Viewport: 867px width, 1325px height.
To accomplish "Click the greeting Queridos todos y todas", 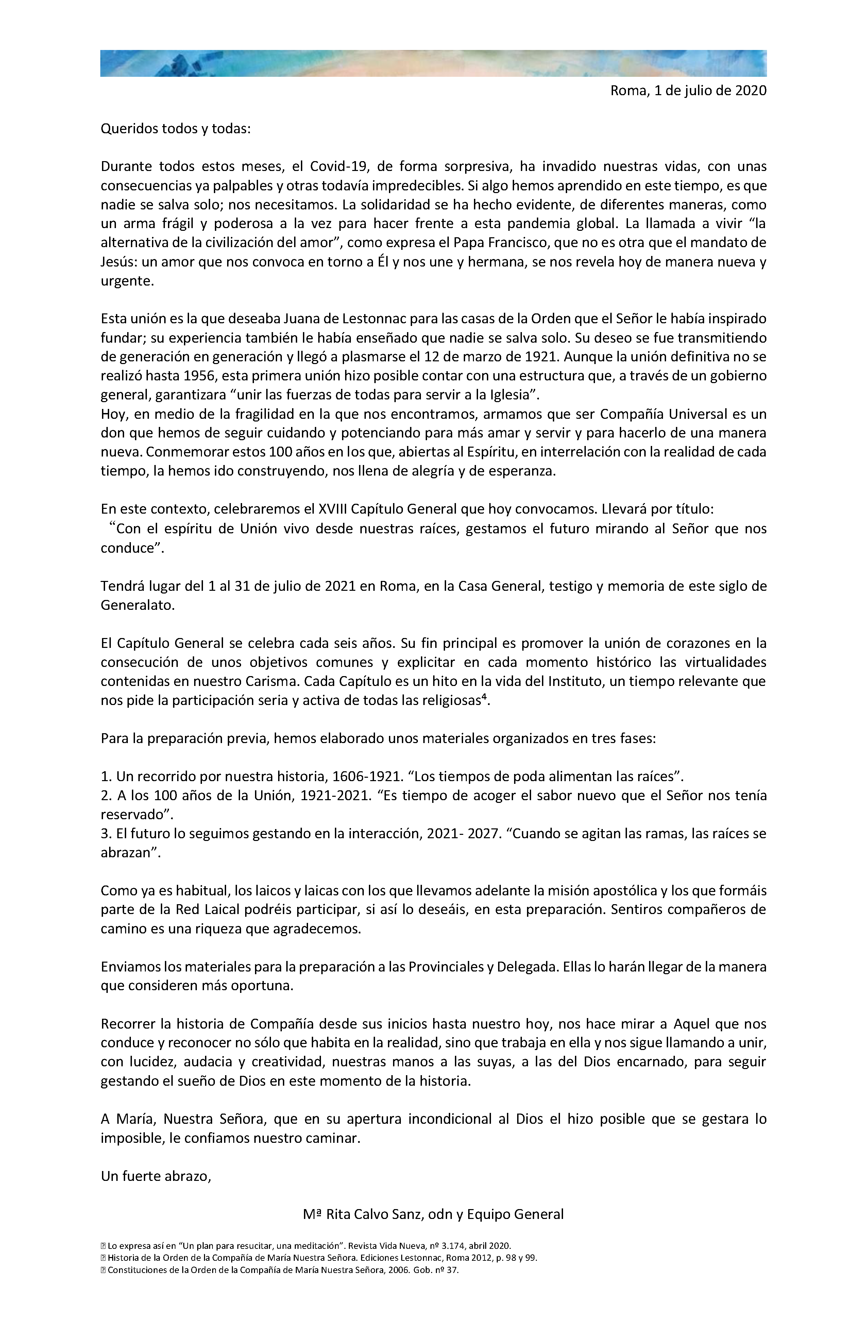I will [x=175, y=129].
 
